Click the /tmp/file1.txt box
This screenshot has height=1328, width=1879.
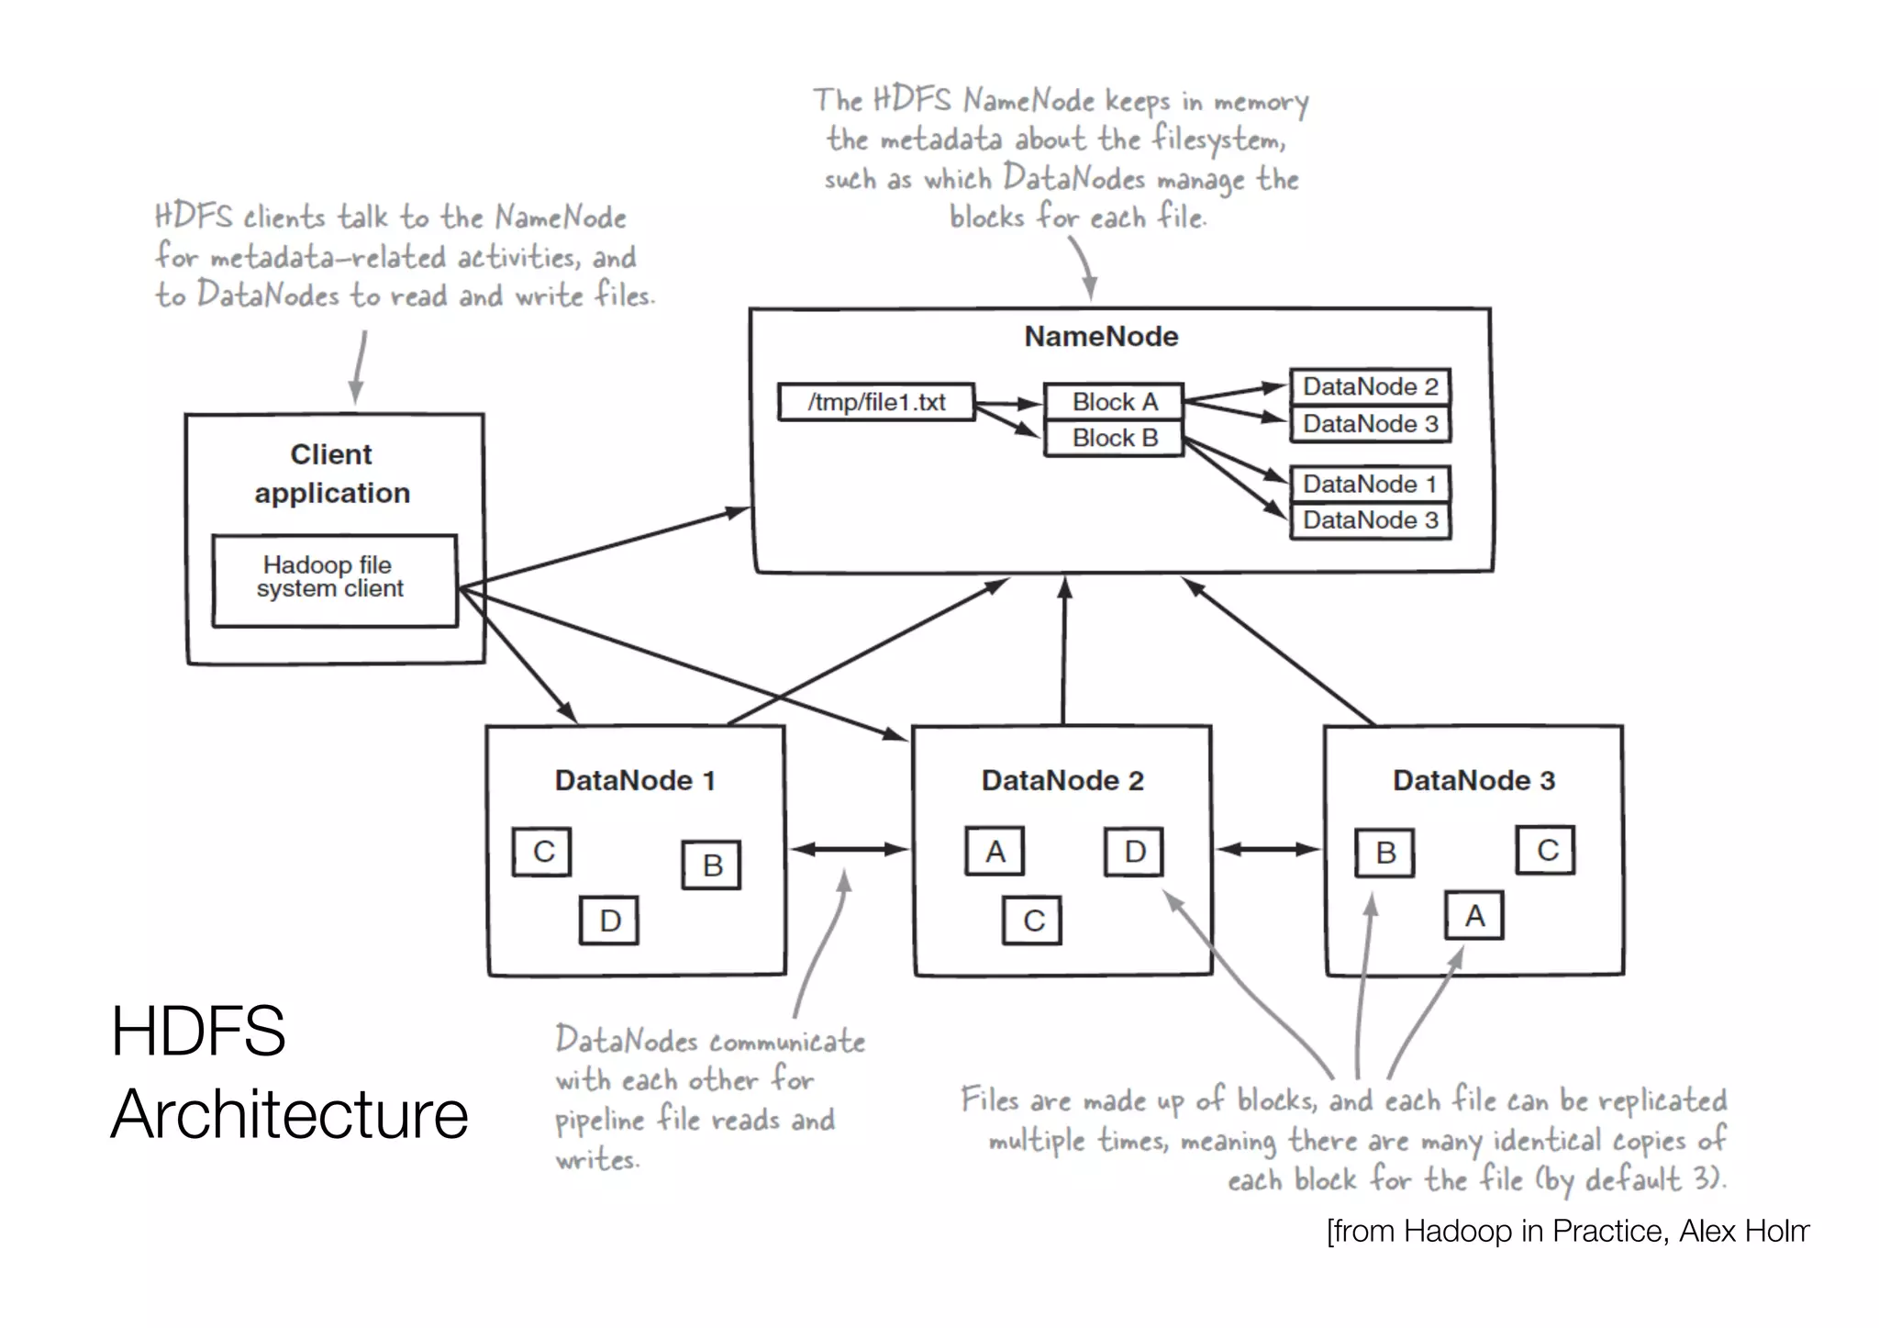point(876,402)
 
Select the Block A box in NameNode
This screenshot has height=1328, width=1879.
point(1114,402)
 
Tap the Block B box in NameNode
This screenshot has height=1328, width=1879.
point(1114,438)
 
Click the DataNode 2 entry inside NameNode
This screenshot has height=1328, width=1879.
point(1370,386)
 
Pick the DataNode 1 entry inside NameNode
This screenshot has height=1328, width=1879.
point(1370,484)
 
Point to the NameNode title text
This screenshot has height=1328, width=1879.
point(1101,336)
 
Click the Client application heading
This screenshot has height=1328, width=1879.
point(332,474)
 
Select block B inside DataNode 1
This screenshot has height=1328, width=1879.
point(712,865)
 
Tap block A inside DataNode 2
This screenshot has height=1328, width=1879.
point(995,852)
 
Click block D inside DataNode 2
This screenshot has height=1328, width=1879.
point(1134,852)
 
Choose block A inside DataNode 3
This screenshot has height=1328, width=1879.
point(1474,915)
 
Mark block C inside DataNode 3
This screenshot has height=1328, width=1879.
point(1546,850)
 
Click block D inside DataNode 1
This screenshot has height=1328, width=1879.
point(609,921)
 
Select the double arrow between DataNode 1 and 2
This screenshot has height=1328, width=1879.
point(850,849)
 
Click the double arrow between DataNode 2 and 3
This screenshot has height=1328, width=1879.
point(1268,849)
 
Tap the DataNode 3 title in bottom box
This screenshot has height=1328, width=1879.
point(1473,780)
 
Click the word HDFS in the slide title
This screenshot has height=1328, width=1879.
point(198,1031)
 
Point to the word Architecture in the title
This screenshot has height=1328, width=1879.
point(289,1114)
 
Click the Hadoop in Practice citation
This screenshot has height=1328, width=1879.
point(1567,1231)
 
